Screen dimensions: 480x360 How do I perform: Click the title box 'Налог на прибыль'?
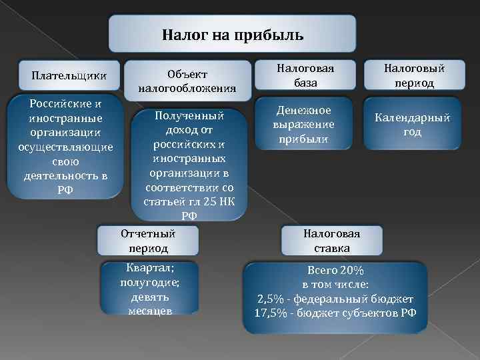click(232, 34)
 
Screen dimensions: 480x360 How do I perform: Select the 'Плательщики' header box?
click(65, 75)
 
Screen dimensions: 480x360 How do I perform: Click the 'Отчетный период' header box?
click(149, 241)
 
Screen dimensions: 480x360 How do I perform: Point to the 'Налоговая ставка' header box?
click(331, 241)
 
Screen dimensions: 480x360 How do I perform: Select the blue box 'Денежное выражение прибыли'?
click(304, 125)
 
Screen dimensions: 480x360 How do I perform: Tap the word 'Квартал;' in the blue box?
click(149, 268)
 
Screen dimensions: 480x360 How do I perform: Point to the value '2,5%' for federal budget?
click(270, 299)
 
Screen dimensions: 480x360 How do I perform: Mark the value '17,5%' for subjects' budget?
click(270, 313)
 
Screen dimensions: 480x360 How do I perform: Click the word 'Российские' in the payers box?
click(60, 104)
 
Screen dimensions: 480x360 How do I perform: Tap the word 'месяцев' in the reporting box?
click(149, 311)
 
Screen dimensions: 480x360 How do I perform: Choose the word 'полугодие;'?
click(149, 282)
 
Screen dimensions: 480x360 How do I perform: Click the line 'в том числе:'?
click(335, 285)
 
